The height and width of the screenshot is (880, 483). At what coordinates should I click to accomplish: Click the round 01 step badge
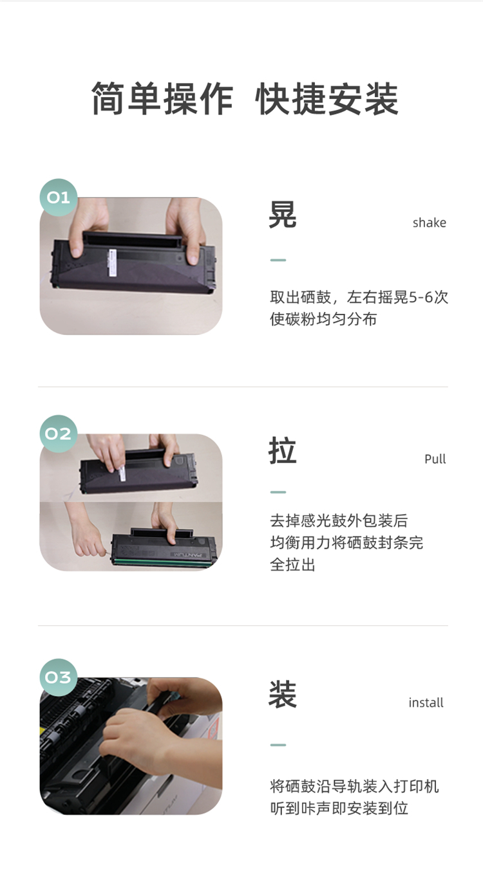point(58,197)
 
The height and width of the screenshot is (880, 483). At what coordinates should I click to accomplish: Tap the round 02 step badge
point(58,434)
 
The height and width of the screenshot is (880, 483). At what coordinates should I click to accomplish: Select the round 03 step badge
point(58,677)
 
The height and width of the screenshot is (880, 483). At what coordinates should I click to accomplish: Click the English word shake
point(429,223)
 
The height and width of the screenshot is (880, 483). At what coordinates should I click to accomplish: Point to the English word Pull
point(435,459)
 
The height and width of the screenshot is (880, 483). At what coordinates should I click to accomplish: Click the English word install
point(426,702)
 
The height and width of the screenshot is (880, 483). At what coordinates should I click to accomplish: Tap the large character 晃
point(283,214)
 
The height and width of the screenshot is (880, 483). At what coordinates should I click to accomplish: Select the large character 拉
point(283,450)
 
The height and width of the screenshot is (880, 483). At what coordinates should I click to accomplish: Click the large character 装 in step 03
point(283,694)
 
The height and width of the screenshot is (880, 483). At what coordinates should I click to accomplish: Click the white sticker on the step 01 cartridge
point(113,262)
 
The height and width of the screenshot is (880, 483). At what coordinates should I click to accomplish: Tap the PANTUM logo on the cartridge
point(187,555)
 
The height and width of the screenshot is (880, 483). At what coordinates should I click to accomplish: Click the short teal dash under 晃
point(278,260)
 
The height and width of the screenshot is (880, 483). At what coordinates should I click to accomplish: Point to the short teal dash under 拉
point(278,492)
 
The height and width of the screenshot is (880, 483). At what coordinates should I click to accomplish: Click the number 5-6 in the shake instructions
point(421,297)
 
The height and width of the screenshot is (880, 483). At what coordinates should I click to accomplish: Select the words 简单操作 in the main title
point(162,98)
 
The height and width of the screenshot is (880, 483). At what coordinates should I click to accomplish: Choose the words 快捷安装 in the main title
point(327,98)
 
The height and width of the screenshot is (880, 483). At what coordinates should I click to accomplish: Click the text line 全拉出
point(292,565)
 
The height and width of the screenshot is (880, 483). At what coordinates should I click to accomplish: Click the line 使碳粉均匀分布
point(323,318)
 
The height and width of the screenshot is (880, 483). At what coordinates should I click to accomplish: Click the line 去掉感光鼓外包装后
point(339,520)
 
